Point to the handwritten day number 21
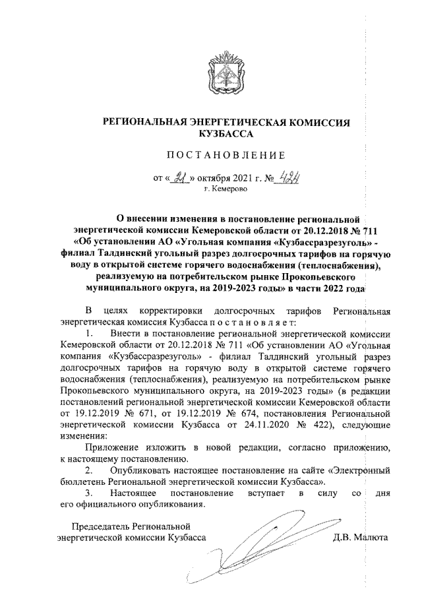(177, 176)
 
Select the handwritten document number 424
(286, 175)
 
